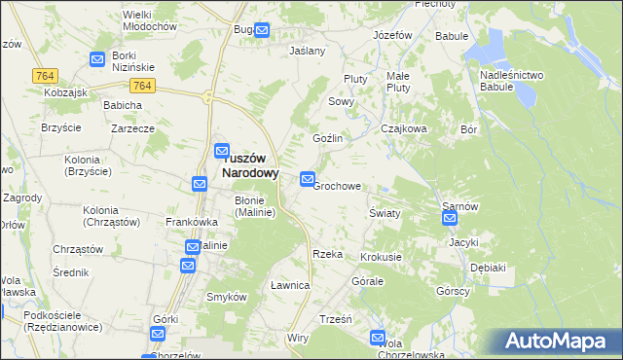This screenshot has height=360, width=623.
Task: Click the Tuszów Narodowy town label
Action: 245,164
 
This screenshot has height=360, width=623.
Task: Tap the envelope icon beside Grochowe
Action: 308,179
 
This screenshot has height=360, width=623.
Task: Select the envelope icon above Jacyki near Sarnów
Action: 450,219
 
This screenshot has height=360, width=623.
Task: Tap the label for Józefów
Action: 393,35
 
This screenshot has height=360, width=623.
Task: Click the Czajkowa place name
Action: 404,128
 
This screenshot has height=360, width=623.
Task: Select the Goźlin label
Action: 327,138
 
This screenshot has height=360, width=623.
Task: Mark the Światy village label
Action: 385,212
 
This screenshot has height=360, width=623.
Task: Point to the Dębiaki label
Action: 488,267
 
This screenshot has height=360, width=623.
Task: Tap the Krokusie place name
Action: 381,257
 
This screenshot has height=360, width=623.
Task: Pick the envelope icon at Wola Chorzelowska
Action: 378,338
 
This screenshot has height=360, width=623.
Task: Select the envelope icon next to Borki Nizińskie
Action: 97,60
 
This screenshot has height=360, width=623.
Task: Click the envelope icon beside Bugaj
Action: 261,31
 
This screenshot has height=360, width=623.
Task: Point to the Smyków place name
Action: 226,296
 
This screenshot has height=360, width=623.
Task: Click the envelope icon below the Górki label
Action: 159,334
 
